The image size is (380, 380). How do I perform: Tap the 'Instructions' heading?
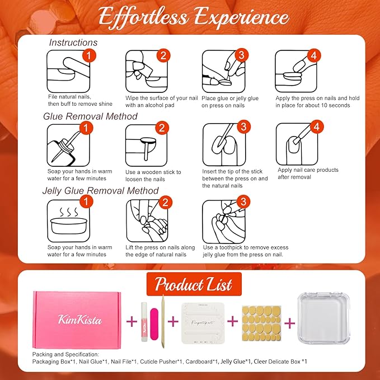(73, 43)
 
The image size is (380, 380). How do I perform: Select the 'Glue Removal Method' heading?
(90, 116)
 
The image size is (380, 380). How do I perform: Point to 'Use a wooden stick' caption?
(153, 172)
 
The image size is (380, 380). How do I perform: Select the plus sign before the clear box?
(290, 322)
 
